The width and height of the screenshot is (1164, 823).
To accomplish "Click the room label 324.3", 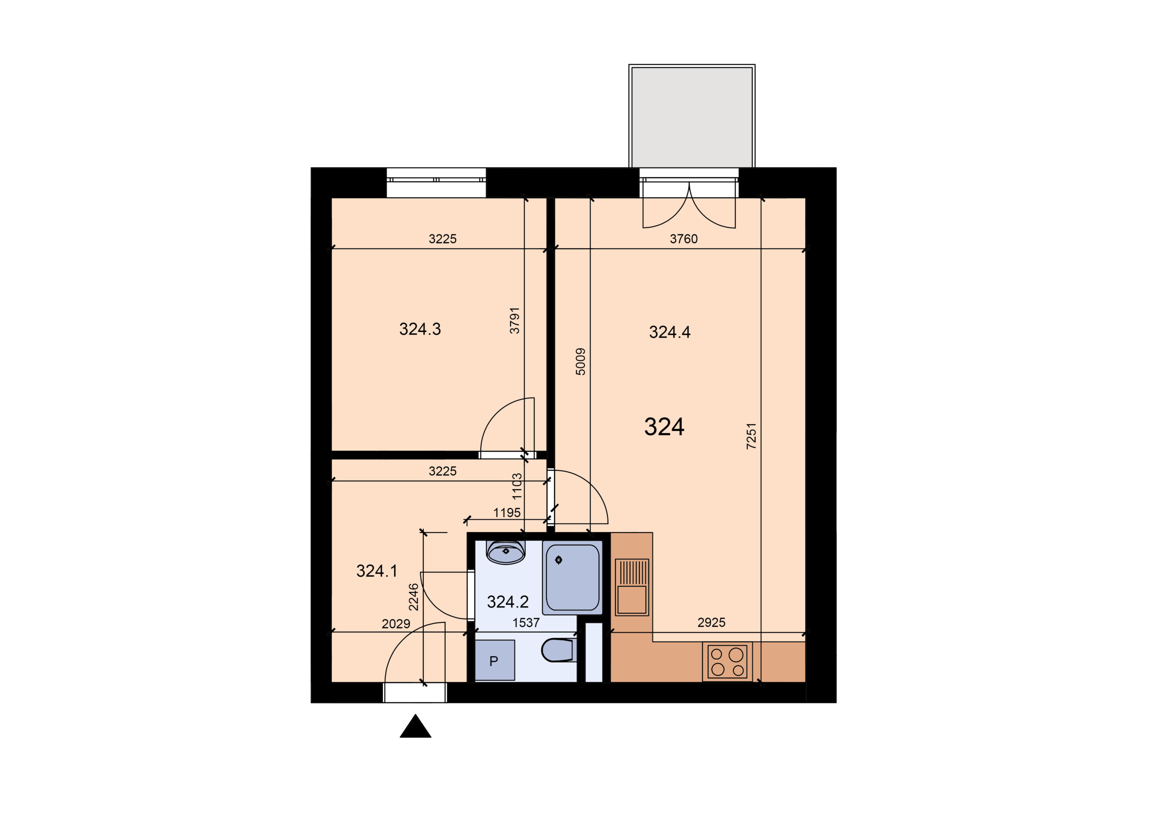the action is [420, 329].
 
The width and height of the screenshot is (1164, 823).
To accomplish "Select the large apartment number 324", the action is [664, 427].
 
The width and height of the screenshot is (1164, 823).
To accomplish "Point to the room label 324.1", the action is [376, 571].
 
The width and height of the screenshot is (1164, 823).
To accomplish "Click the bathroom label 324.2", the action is [507, 602].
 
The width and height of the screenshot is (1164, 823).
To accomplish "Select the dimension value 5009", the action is [581, 361].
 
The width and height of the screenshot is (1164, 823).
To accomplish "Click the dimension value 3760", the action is [683, 239].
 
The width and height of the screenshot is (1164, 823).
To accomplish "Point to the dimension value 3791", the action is [515, 321].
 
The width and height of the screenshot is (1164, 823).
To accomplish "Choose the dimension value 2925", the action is [711, 622].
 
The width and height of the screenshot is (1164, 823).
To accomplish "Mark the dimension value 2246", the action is [414, 597].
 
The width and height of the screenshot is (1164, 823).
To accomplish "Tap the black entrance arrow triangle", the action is [415, 726].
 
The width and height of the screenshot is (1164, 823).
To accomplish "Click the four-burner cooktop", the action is [727, 662].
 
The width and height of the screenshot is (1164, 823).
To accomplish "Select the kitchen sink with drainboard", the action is [632, 587].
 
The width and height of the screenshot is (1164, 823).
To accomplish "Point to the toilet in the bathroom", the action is [558, 650].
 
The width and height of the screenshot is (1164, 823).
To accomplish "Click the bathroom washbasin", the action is [506, 552].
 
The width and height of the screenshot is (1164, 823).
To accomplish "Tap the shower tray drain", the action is [559, 560].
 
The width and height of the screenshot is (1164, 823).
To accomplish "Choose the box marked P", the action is [495, 660].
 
